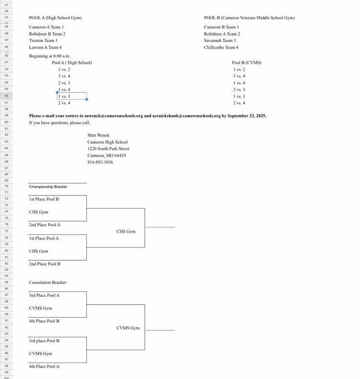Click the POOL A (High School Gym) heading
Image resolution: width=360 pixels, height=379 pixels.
tap(55, 18)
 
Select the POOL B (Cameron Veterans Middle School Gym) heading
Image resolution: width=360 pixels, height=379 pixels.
tap(249, 18)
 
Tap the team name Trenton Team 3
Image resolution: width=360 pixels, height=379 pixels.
tap(43, 41)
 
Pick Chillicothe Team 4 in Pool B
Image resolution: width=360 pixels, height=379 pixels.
tap(221, 48)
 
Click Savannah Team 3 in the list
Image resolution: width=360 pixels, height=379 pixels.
tap(220, 41)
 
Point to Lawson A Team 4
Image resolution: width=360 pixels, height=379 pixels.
tap(45, 48)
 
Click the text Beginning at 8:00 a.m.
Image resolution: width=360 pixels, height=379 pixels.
tap(49, 56)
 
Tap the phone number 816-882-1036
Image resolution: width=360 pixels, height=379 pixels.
tap(100, 162)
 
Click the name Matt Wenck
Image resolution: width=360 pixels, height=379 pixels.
tap(98, 135)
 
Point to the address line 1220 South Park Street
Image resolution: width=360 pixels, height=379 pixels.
tap(108, 149)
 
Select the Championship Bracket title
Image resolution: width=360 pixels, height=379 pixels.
tap(48, 187)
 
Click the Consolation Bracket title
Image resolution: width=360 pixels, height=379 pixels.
tap(48, 283)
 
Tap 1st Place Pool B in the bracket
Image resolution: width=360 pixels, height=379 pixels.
tap(44, 199)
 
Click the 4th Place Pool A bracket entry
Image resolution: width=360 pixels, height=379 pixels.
tap(44, 367)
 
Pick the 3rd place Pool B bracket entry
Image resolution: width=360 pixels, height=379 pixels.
tap(44, 341)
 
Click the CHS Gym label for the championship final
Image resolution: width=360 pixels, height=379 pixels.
tap(126, 232)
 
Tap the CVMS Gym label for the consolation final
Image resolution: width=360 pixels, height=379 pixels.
tap(128, 328)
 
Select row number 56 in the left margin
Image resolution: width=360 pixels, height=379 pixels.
tap(6, 96)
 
